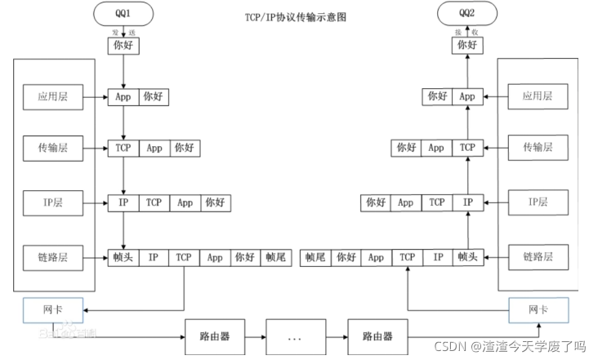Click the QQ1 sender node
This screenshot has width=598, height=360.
click(x=123, y=13)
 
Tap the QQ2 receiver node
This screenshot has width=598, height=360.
click(x=466, y=13)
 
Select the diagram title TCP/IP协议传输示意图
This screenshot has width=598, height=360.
click(x=295, y=16)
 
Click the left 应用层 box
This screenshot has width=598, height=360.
click(x=53, y=96)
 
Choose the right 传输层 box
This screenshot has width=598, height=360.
click(x=537, y=148)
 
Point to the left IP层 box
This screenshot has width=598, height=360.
click(x=53, y=201)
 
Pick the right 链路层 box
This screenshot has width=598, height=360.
click(x=537, y=256)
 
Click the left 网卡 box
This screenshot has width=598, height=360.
click(x=53, y=310)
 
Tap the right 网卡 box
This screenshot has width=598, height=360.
click(x=537, y=310)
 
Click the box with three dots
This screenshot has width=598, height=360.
click(x=297, y=336)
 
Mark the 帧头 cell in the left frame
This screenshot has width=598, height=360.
click(x=123, y=257)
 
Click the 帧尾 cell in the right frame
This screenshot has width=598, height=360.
click(x=316, y=257)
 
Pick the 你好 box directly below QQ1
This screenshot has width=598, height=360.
click(x=123, y=46)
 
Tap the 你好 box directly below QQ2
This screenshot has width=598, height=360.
click(x=466, y=46)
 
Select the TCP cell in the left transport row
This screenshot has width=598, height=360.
click(x=123, y=149)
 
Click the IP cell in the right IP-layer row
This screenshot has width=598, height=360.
click(x=467, y=202)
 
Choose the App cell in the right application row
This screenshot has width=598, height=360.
click(x=467, y=96)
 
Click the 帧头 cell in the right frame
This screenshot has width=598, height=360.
click(x=467, y=257)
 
